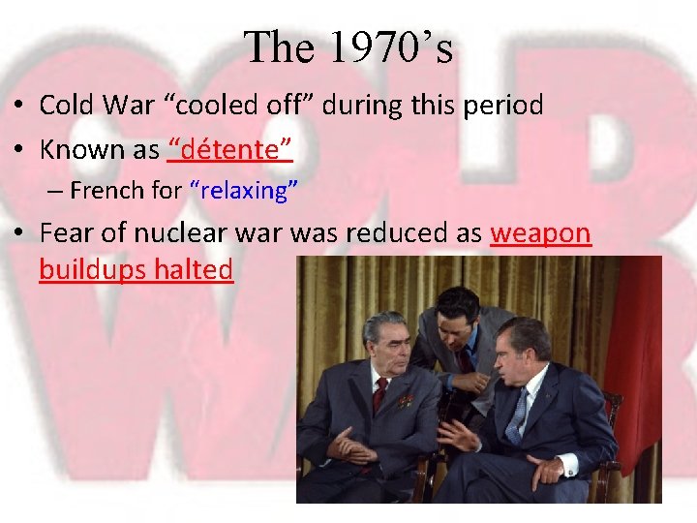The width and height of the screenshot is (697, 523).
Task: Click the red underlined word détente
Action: (230, 149)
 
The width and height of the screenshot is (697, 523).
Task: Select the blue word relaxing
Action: (238, 191)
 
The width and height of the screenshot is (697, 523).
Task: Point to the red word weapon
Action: (540, 233)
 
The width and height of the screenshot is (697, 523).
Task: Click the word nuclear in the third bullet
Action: (176, 233)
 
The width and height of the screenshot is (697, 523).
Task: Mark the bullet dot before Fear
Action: (18, 234)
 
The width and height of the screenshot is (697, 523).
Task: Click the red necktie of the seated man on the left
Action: (380, 391)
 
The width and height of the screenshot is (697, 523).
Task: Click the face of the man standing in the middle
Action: (456, 321)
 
